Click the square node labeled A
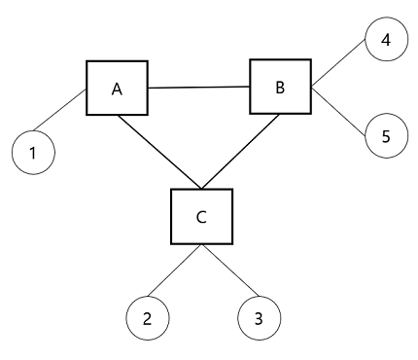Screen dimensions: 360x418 point(117,90)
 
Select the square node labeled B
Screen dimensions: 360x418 point(280,88)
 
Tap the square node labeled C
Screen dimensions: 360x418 point(201,216)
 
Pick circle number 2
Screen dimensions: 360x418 point(148,317)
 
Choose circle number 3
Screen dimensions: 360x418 point(259,317)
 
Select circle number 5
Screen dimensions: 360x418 point(385,135)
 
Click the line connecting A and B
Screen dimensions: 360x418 point(198,89)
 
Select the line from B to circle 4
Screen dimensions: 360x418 point(338,67)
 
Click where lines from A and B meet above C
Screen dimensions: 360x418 point(201,188)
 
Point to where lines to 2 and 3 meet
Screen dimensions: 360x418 point(202,246)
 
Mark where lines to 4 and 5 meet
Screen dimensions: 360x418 point(312,89)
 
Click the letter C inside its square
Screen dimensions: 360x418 point(201,217)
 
